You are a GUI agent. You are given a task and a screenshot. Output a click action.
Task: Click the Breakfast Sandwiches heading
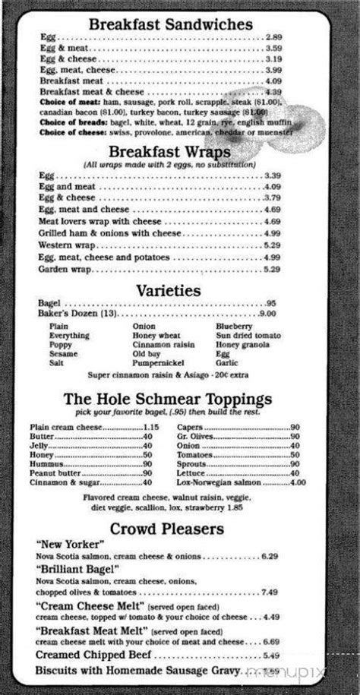point(171,25)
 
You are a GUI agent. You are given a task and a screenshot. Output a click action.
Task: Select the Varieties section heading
point(169,290)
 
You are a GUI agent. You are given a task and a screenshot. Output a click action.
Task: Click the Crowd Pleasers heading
point(168,528)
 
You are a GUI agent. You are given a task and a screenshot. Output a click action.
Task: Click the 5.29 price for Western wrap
point(272,245)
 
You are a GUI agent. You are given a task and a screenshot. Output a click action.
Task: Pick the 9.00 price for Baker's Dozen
point(267,314)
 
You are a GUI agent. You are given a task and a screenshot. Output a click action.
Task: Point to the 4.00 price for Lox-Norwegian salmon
point(297,482)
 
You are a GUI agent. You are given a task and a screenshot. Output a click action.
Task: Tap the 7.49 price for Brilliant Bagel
point(269,592)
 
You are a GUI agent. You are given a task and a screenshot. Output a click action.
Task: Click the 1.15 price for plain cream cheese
point(150,428)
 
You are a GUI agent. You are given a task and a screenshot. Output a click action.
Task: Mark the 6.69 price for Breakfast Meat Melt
point(271,642)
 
